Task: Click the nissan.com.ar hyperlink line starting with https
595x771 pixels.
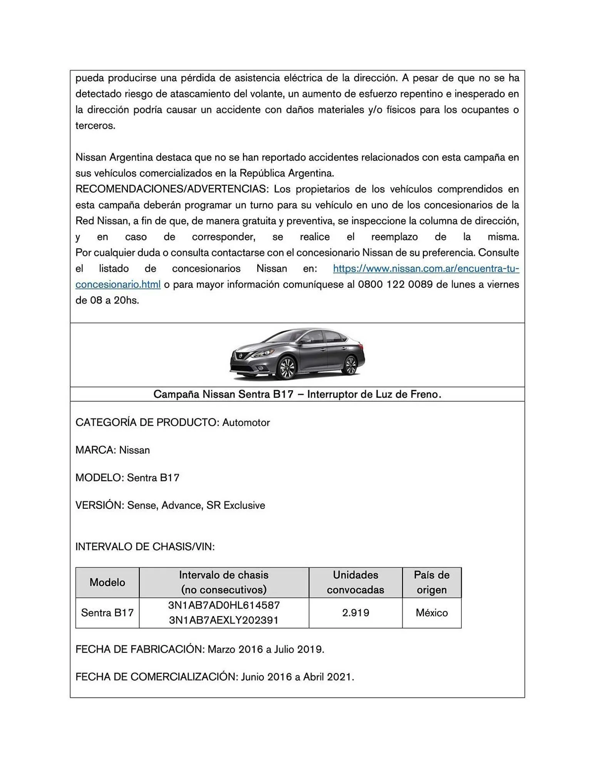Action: (x=426, y=269)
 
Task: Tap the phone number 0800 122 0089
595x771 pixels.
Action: (x=390, y=284)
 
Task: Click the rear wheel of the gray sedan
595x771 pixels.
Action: (x=350, y=365)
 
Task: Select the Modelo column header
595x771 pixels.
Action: (x=107, y=582)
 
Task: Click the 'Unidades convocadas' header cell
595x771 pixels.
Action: (x=355, y=582)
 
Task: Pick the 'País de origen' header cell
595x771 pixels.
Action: (x=431, y=582)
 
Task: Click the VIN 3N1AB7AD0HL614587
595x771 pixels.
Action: (x=224, y=605)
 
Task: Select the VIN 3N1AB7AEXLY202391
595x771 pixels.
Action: (x=224, y=620)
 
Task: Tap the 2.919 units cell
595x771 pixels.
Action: (x=355, y=613)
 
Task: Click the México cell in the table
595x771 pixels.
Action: (x=431, y=613)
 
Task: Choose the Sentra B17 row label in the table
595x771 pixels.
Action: (x=107, y=613)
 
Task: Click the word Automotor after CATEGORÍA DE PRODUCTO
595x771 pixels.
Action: (x=246, y=423)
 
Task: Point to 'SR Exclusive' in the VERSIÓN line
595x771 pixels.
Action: (x=236, y=505)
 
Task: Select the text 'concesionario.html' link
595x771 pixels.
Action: (x=118, y=284)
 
